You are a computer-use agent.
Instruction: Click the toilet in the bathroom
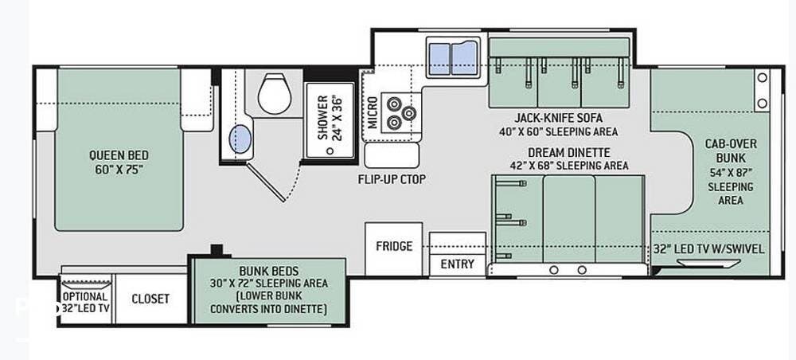275,93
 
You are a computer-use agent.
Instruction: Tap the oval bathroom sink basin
240,139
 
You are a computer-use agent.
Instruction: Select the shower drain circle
330,151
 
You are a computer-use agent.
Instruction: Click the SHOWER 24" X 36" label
330,117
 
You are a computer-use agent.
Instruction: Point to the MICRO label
373,112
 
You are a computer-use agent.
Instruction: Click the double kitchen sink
453,57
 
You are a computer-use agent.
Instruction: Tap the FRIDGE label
394,246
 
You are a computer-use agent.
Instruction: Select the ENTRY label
457,264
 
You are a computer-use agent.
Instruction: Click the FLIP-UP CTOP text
392,179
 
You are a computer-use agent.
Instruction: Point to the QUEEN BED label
119,155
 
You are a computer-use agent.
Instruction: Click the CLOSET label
150,299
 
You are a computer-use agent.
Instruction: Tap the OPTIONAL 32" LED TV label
86,302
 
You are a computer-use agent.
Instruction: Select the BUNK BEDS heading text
269,271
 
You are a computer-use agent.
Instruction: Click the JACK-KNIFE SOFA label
559,119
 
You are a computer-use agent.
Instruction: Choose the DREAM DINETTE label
568,152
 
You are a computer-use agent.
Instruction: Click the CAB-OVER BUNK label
731,151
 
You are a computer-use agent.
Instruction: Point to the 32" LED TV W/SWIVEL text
708,249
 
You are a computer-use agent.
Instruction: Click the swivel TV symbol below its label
708,263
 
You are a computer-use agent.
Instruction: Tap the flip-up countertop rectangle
392,155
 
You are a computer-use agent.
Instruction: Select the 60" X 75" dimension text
119,169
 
